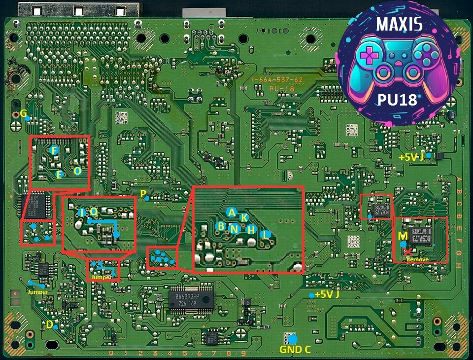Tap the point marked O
[77, 171]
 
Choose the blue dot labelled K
[243, 217]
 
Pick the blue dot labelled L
[266, 235]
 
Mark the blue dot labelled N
[235, 229]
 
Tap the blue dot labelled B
[221, 226]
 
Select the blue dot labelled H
[251, 229]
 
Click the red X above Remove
[408, 252]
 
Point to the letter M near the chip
[403, 236]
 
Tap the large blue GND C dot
[293, 339]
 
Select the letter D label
[49, 324]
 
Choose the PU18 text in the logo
[397, 100]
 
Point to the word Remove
[417, 259]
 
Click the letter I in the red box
[81, 213]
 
